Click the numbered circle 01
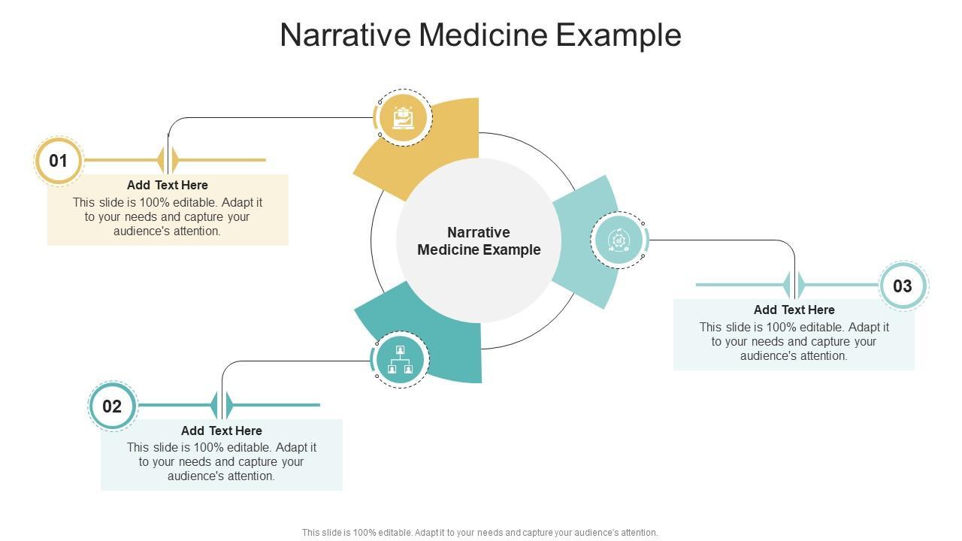pos(59,161)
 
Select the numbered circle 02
pos(112,406)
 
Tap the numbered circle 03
pos(903,286)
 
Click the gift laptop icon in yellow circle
pos(403,118)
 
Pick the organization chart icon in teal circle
pos(401,359)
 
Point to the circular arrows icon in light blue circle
pos(619,240)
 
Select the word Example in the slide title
pos(619,36)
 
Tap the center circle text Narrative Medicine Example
pos(479,241)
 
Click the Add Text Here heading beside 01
pos(168,185)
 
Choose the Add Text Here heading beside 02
pos(222,431)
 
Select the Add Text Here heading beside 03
pos(794,310)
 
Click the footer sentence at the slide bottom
pos(479,533)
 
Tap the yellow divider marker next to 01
pos(168,160)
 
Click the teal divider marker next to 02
pos(222,405)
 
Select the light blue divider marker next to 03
pos(794,285)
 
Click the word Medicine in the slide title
pos(483,35)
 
